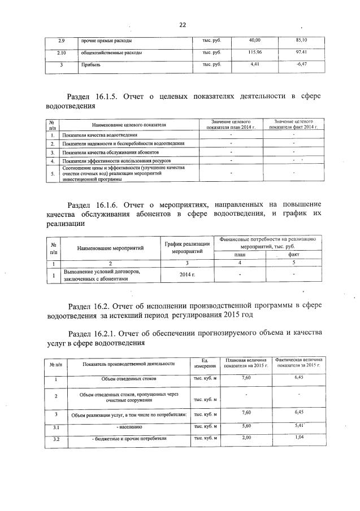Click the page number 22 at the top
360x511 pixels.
183,25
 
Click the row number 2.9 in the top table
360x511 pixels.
62,41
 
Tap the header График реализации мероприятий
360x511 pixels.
188,247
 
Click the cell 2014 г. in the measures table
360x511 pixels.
187,274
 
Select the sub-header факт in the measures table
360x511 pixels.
294,255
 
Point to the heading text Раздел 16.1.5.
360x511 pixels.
93,97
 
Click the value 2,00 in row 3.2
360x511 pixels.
246,438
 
